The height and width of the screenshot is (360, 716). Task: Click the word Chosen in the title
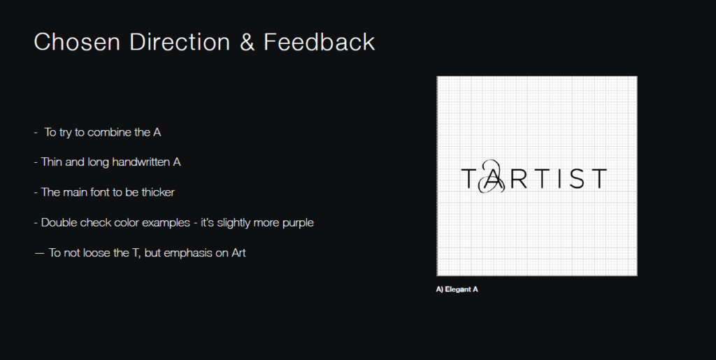pos(77,42)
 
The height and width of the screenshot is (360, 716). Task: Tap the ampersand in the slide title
pos(247,42)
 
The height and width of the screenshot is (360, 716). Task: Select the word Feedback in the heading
pos(319,42)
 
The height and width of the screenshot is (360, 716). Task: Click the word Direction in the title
pos(180,42)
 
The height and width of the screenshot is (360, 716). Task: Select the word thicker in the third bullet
pos(158,192)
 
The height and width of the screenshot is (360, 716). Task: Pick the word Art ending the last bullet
pos(239,253)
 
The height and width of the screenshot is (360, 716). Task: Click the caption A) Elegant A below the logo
pos(457,289)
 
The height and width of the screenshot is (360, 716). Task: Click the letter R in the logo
pos(519,178)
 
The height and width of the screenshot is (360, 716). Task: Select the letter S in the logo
pos(577,178)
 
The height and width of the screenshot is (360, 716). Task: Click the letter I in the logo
pos(559,178)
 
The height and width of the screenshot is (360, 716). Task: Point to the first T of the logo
pos(468,178)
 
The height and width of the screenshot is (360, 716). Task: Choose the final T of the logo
pos(599,178)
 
